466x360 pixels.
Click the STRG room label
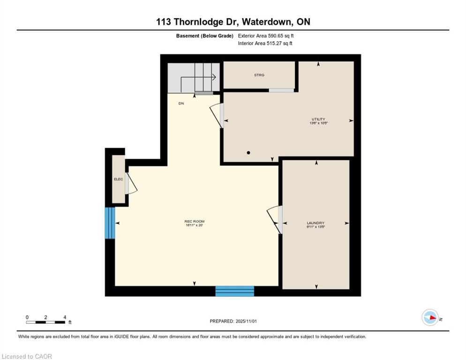(259, 75)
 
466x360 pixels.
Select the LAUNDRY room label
(316, 223)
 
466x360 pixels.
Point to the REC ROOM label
(194, 221)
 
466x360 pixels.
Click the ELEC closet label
(118, 179)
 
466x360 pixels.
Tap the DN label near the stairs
(181, 104)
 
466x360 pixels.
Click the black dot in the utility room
(248, 152)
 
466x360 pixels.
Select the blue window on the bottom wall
(234, 291)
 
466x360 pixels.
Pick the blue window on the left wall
(110, 223)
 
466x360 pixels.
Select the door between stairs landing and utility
(217, 115)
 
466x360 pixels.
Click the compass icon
(430, 318)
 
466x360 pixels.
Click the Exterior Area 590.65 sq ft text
(266, 36)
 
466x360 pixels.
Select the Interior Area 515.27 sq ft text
(265, 44)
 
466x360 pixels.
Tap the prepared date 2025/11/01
(233, 321)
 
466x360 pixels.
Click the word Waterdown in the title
(267, 22)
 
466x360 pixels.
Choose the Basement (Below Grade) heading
(204, 36)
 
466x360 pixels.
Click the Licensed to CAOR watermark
(27, 356)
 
